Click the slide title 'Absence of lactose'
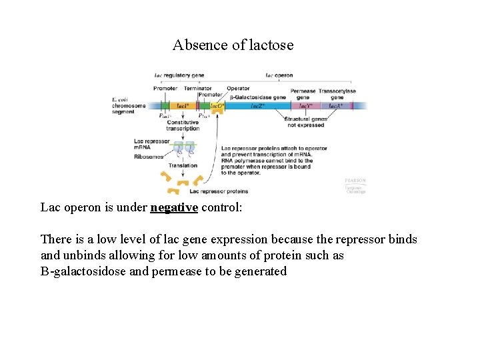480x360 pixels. coord(233,45)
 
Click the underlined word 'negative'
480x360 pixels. coord(174,207)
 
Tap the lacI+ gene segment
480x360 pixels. coord(181,105)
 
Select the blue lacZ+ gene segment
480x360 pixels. coord(257,105)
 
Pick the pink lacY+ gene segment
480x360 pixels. coord(305,105)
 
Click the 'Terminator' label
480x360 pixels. coord(197,89)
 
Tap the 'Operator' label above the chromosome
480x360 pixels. coord(238,89)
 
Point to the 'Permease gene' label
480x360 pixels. coord(303,93)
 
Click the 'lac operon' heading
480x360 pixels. coord(279,75)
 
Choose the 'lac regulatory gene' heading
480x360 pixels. coord(179,75)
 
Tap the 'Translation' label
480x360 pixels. coord(183,165)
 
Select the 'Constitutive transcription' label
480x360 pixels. coord(183,125)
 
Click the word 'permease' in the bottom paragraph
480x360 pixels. coord(201,271)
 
